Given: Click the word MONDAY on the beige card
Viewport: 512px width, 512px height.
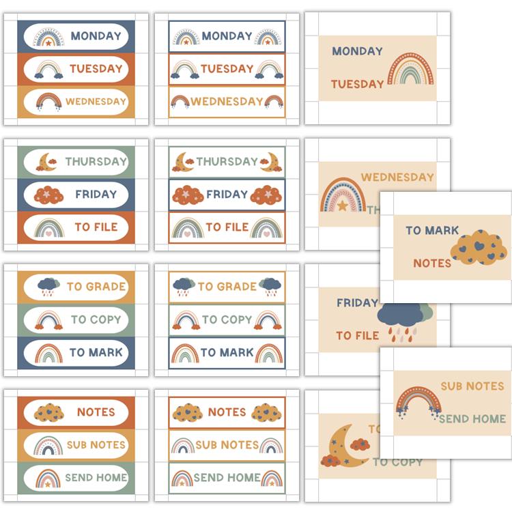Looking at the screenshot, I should [x=357, y=51].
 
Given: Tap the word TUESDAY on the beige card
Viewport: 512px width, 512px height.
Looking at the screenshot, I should [x=358, y=85].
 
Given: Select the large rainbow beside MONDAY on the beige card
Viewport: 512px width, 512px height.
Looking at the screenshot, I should [x=411, y=69].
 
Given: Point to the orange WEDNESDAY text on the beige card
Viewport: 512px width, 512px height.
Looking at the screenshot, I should [x=397, y=177].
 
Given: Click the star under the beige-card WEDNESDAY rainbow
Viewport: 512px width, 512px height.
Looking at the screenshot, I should [x=343, y=205].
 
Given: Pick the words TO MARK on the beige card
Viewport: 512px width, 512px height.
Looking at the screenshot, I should [x=432, y=231].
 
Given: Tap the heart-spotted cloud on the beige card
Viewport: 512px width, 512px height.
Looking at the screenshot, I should [x=479, y=248].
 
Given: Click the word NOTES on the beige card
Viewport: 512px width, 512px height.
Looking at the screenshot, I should [x=432, y=264].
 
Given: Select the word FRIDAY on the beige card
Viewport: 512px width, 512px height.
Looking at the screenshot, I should [x=357, y=302].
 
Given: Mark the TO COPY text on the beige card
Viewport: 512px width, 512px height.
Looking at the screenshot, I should [x=398, y=462].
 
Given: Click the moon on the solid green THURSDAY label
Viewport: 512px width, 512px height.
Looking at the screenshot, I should [x=47, y=162].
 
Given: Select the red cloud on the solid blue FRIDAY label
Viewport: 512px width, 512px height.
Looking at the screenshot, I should [x=49, y=195].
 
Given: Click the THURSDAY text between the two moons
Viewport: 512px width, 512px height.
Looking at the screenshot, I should [x=227, y=162].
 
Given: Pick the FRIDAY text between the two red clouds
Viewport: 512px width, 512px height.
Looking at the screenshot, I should [x=227, y=195].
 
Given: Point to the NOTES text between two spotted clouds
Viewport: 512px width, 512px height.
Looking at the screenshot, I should [x=227, y=412].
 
